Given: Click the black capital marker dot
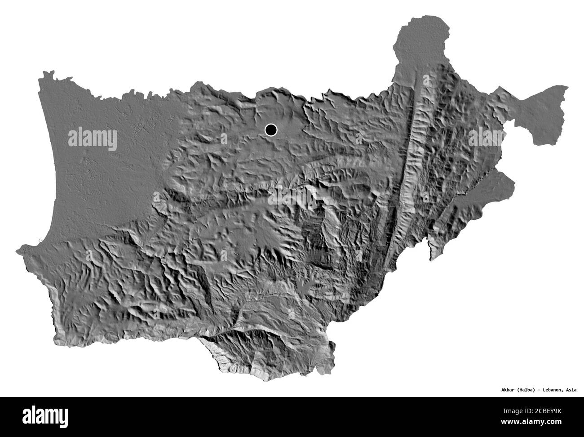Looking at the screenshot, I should click(271, 130).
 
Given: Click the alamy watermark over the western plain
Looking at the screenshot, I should click(93, 139).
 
